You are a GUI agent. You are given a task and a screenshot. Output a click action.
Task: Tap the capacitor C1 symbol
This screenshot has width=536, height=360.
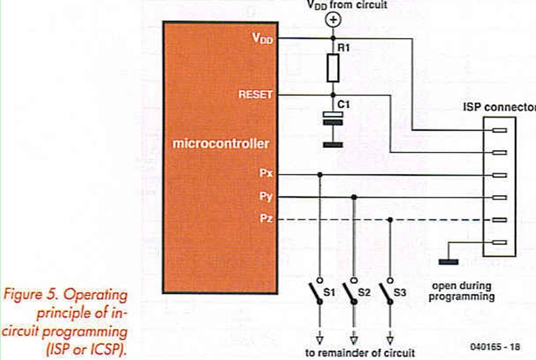coord(333,117)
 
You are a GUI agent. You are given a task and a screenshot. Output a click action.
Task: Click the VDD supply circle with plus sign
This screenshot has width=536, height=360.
coord(333,20)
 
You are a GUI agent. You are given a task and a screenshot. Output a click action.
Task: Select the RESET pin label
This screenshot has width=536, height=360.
coord(256,95)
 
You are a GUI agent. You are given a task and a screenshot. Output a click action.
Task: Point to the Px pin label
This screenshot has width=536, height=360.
coord(266,174)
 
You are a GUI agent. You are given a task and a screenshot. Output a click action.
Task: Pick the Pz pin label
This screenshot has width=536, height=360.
coord(266,219)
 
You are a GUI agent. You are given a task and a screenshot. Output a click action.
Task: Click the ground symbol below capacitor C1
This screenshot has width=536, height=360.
coord(333,144)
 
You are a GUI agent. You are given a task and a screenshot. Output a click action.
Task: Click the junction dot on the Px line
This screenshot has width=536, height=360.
coord(319,175)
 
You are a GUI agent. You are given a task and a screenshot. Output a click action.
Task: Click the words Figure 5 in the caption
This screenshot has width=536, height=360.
coord(34,295)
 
